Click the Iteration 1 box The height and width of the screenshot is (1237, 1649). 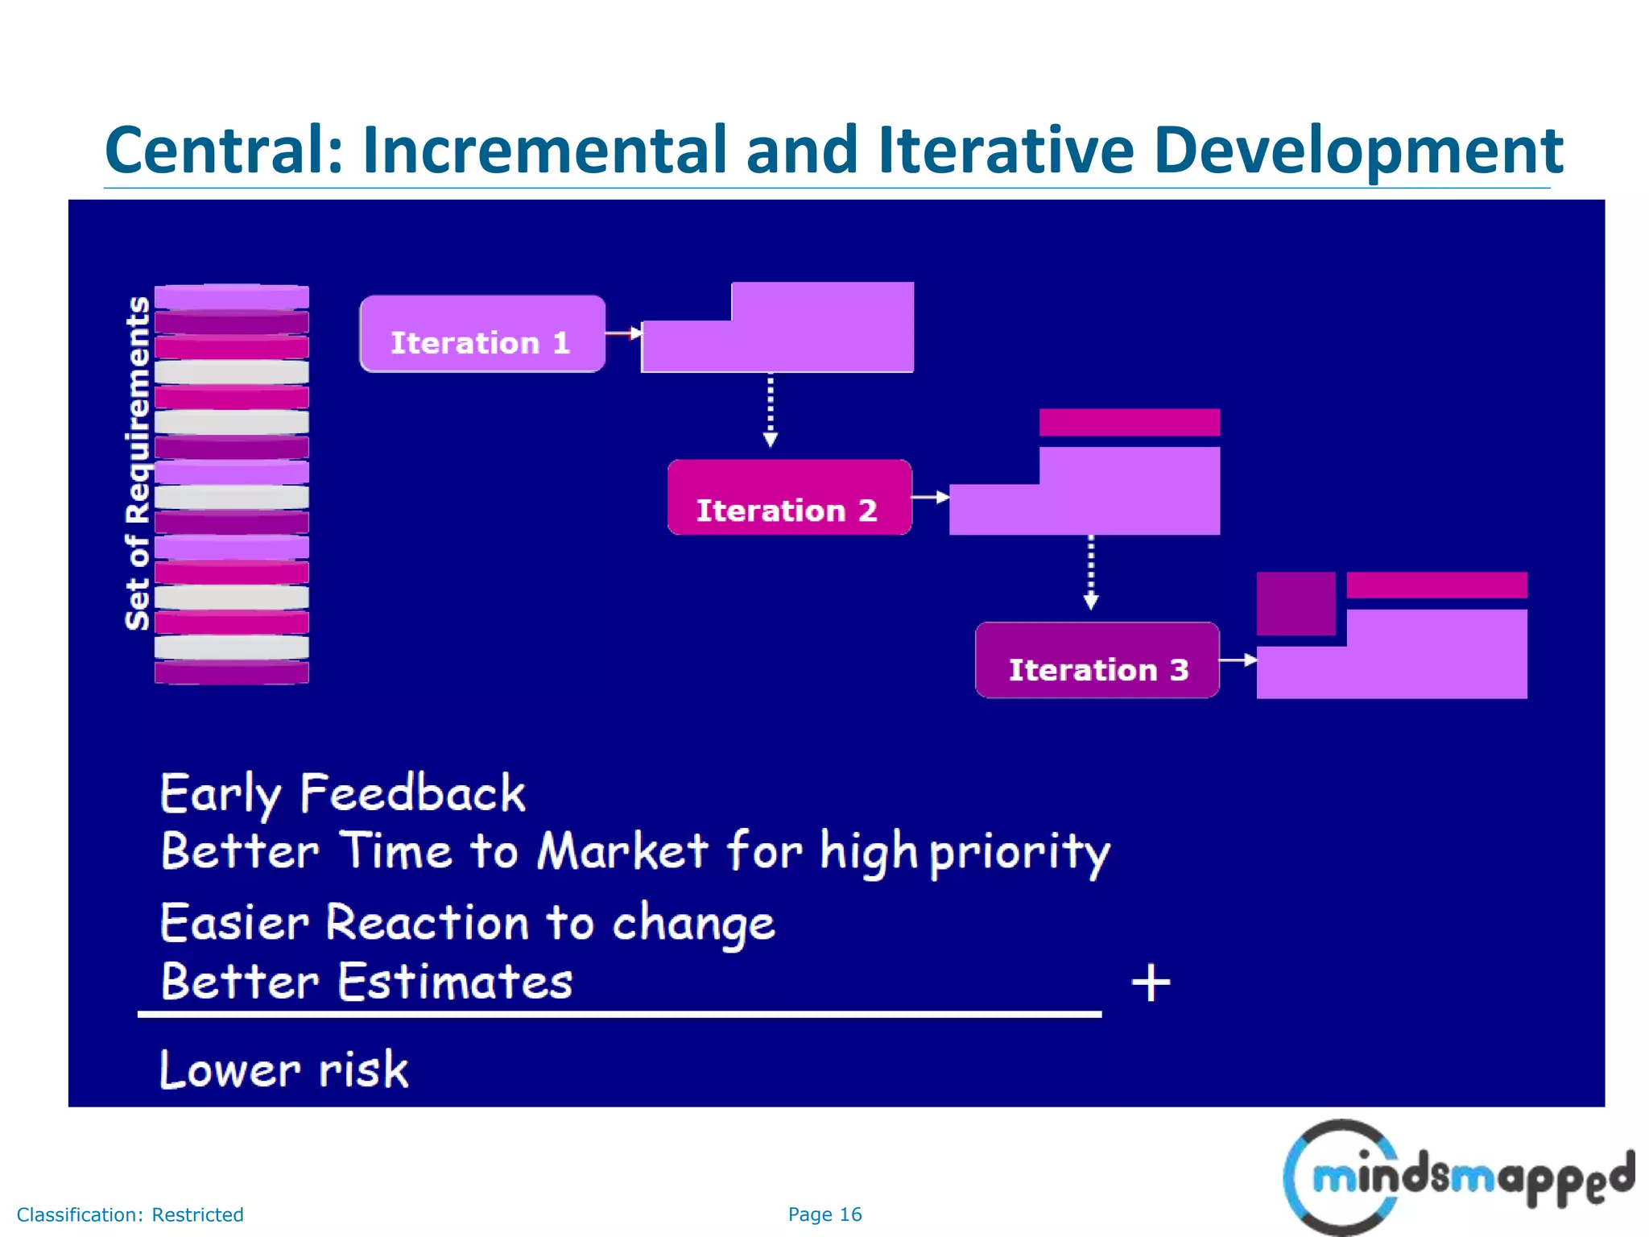pyautogui.click(x=481, y=334)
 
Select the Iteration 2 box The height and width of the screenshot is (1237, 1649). pyautogui.click(x=789, y=498)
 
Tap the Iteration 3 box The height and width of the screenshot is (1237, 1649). pyautogui.click(x=1097, y=660)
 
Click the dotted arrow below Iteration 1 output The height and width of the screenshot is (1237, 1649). pyautogui.click(x=771, y=411)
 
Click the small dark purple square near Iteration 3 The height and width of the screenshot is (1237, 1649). pyautogui.click(x=1296, y=603)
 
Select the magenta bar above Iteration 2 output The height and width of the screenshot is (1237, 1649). pyautogui.click(x=1129, y=423)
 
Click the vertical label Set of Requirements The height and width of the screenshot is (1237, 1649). pyautogui.click(x=138, y=463)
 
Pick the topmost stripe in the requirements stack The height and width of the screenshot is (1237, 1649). pyautogui.click(x=231, y=297)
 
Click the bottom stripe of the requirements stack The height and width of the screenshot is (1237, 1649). pyautogui.click(x=231, y=672)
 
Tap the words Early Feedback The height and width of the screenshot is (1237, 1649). pyautogui.click(x=343, y=794)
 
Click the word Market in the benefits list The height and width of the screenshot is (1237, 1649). pyautogui.click(x=622, y=851)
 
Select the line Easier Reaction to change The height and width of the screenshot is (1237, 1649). pyautogui.click(x=467, y=923)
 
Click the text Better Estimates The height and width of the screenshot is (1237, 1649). pyautogui.click(x=366, y=982)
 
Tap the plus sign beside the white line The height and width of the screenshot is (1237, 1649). pyautogui.click(x=1151, y=983)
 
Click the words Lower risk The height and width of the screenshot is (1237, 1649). pyautogui.click(x=283, y=1070)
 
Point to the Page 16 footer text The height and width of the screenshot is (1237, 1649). pyautogui.click(x=824, y=1214)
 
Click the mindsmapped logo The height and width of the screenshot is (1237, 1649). pyautogui.click(x=1457, y=1177)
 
